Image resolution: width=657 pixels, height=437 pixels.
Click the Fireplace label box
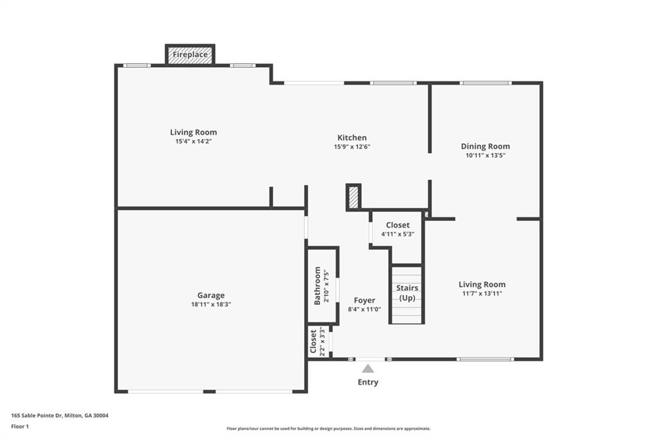190,55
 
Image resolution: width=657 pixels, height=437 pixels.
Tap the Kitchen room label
352,138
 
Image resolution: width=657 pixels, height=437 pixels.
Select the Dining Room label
485,146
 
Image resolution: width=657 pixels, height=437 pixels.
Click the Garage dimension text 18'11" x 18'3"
210,304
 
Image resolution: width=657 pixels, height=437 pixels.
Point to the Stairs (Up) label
407,293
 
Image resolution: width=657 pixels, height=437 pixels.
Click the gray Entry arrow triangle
368,368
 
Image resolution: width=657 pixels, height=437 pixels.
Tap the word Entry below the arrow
368,382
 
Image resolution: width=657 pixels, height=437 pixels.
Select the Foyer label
364,300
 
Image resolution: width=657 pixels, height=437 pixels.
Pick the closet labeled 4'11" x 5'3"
397,229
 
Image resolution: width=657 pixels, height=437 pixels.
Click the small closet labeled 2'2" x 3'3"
318,342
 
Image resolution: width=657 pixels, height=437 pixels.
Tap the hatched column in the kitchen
354,197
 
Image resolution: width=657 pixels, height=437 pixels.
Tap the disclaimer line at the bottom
328,429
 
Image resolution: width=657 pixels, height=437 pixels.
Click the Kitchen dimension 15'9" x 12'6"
352,147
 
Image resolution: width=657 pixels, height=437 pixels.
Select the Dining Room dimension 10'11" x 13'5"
485,155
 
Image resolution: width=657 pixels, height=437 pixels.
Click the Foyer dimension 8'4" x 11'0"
364,309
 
